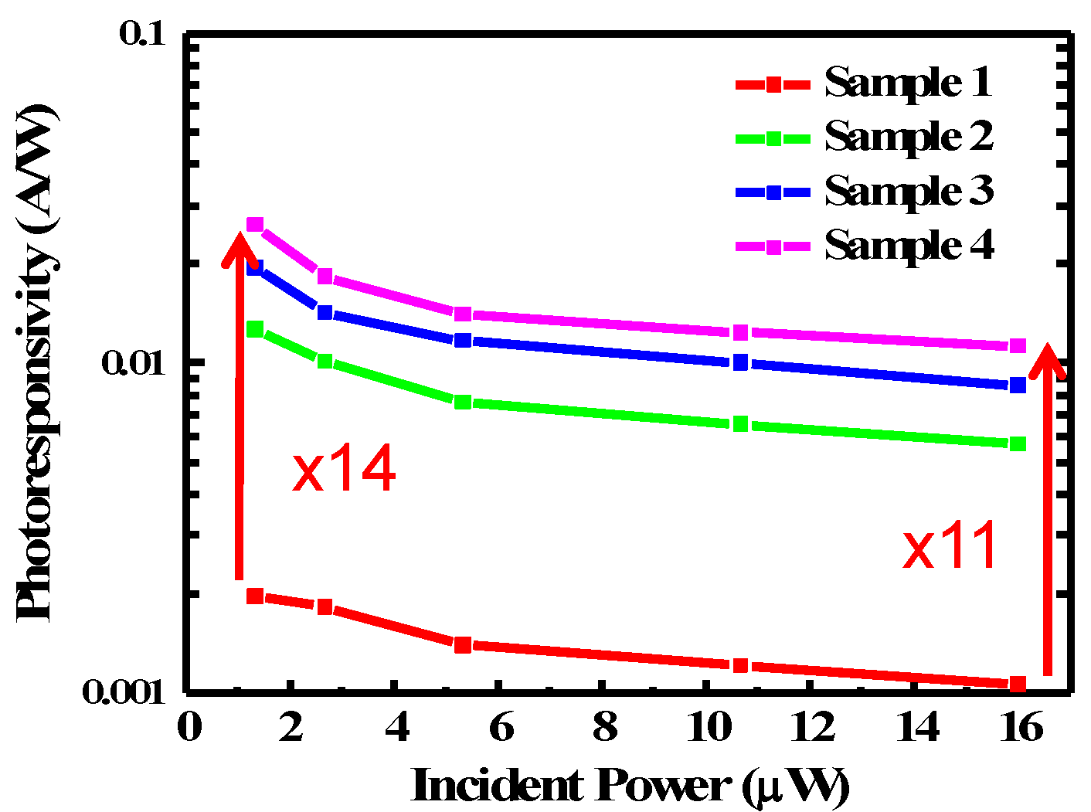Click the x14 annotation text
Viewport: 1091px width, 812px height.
point(344,469)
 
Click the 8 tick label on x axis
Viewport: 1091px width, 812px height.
point(605,727)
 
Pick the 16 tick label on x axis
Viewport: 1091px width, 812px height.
point(1021,727)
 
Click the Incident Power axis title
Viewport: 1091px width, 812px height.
point(630,786)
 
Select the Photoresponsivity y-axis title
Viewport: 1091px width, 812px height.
point(37,362)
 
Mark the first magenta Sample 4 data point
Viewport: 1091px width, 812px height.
point(255,225)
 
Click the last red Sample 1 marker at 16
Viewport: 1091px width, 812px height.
point(1018,684)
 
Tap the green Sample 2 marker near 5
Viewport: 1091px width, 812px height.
point(462,402)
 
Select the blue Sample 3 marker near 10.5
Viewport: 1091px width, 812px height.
point(740,362)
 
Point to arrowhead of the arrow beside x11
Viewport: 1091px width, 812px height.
point(1049,360)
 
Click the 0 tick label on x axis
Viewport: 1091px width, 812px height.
point(189,727)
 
